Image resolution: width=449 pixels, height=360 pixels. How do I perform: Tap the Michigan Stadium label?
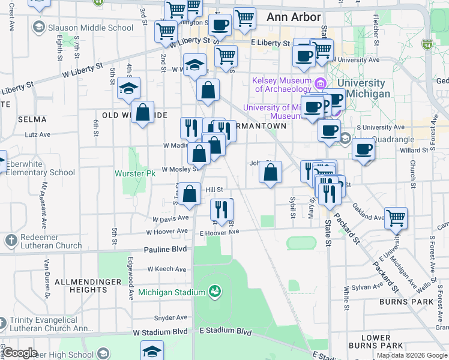172,292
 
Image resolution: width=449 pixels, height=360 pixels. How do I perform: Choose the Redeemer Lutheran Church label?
43,241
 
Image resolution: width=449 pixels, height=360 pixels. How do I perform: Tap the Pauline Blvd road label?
165,248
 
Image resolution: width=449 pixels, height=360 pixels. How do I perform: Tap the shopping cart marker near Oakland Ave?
396,218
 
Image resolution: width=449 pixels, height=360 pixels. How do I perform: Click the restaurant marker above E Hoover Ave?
221,209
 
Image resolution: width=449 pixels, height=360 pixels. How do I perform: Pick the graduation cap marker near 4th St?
129,89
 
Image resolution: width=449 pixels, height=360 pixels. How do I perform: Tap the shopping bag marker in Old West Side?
143,112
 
